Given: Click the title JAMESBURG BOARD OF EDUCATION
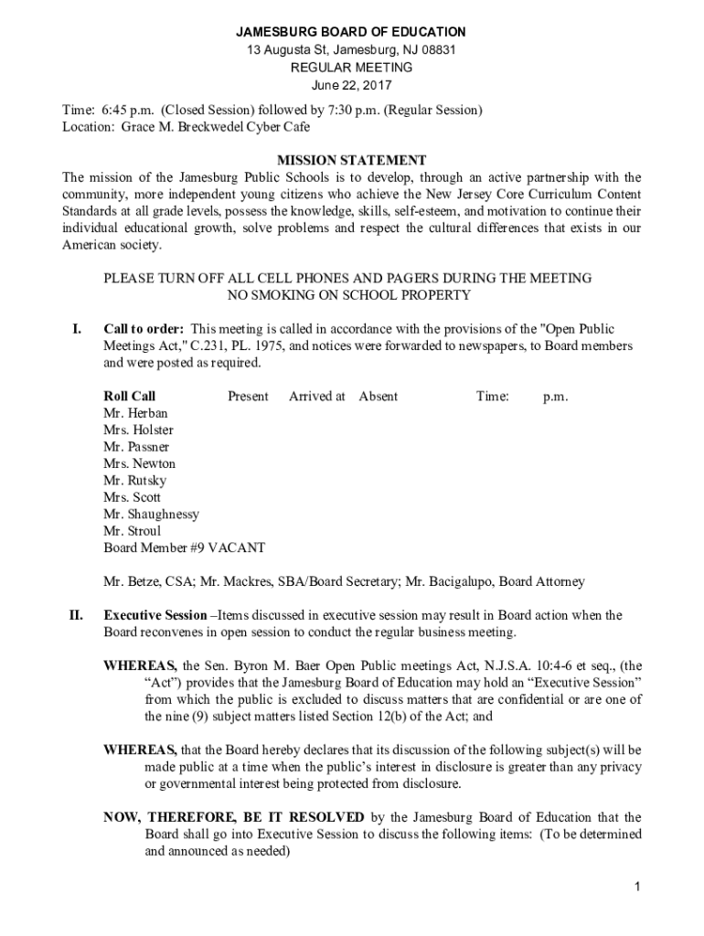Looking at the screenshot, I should [x=352, y=32].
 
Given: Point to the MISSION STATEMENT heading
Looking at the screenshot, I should [x=352, y=160].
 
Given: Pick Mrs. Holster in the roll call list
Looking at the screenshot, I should [x=138, y=430].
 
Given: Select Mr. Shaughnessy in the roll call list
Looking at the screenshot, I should [x=151, y=514].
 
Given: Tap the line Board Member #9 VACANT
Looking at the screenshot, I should [x=184, y=548].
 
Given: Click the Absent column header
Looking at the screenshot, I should [x=378, y=396].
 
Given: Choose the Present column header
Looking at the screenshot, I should [x=248, y=396].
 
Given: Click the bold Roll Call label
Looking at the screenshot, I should [x=129, y=396].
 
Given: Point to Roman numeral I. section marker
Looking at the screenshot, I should [x=77, y=329].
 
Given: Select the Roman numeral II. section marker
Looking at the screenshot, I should [x=77, y=615].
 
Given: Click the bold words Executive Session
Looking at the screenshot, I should [x=155, y=615].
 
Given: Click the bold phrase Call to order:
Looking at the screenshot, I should [x=144, y=329].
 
